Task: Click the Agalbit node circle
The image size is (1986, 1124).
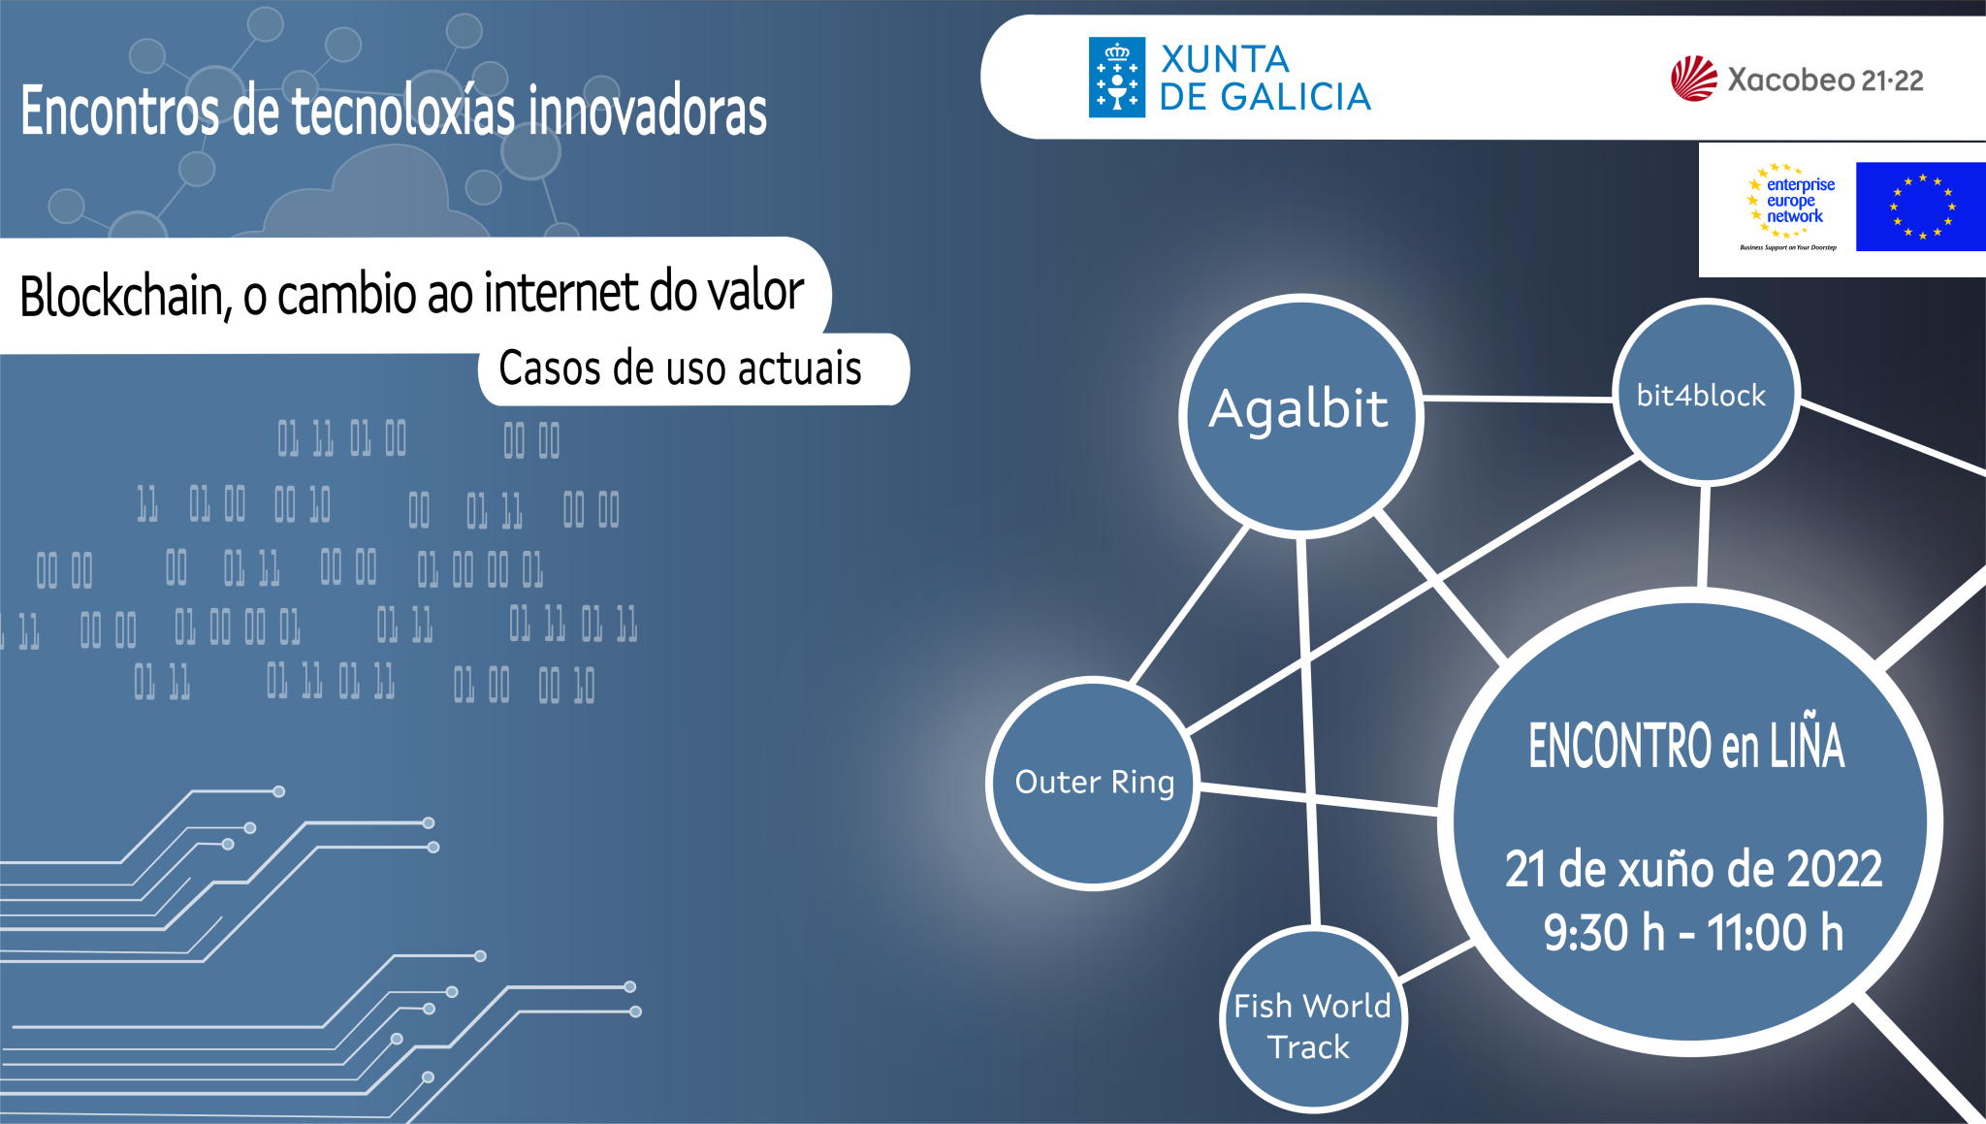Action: [x=1300, y=415]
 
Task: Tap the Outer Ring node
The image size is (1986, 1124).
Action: [x=1094, y=783]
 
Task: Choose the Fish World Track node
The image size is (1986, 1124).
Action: [x=1313, y=1018]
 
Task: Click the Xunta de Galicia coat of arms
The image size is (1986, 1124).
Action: [x=1117, y=78]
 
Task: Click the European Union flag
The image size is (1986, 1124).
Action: [x=1920, y=207]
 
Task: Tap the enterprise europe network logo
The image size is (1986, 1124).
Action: [x=1789, y=207]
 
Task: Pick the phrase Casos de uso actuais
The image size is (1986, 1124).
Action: [x=680, y=369]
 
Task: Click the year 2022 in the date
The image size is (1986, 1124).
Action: [x=1833, y=869]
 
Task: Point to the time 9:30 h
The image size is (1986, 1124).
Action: [x=1604, y=932]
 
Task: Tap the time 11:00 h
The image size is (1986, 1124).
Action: [x=1775, y=932]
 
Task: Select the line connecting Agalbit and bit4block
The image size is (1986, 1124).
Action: [x=1518, y=399]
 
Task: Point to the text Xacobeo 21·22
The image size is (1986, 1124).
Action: [x=1825, y=80]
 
